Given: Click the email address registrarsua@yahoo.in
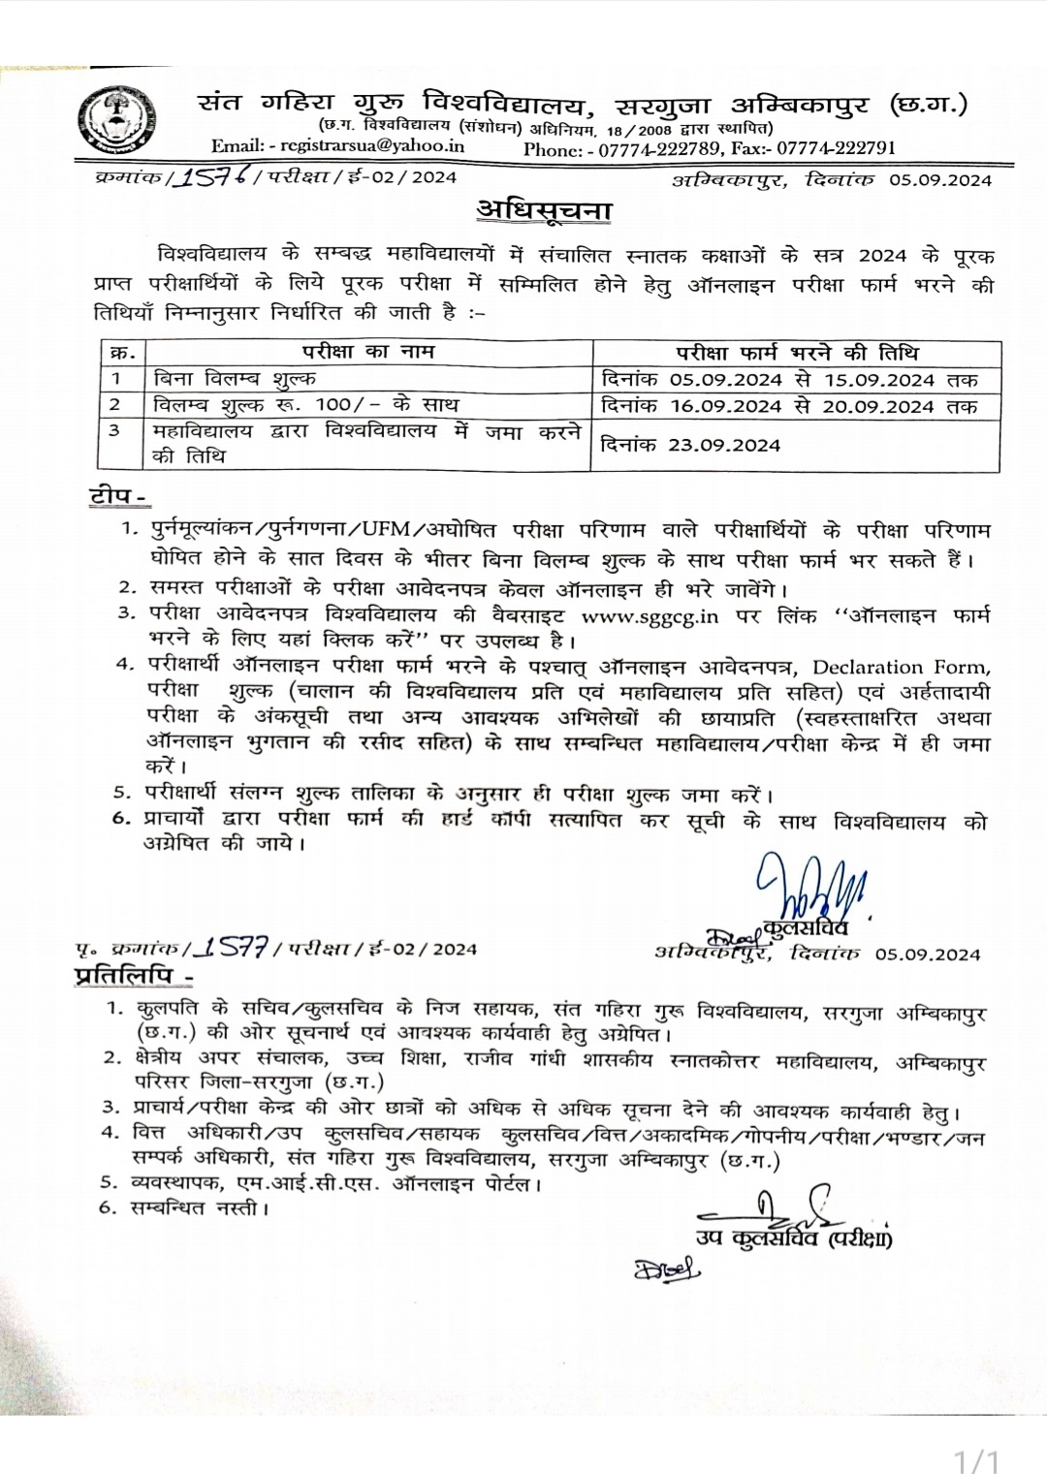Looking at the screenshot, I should (371, 146).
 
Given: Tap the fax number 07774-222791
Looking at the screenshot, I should (836, 147).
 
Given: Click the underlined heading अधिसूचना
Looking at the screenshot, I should (543, 209).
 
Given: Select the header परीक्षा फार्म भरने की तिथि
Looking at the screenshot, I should (797, 353).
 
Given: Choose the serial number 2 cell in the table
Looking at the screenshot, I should (115, 404).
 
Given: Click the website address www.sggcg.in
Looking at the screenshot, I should (650, 615).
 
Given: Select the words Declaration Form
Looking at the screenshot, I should (901, 668).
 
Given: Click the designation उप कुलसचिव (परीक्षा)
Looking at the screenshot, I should (793, 1238).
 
